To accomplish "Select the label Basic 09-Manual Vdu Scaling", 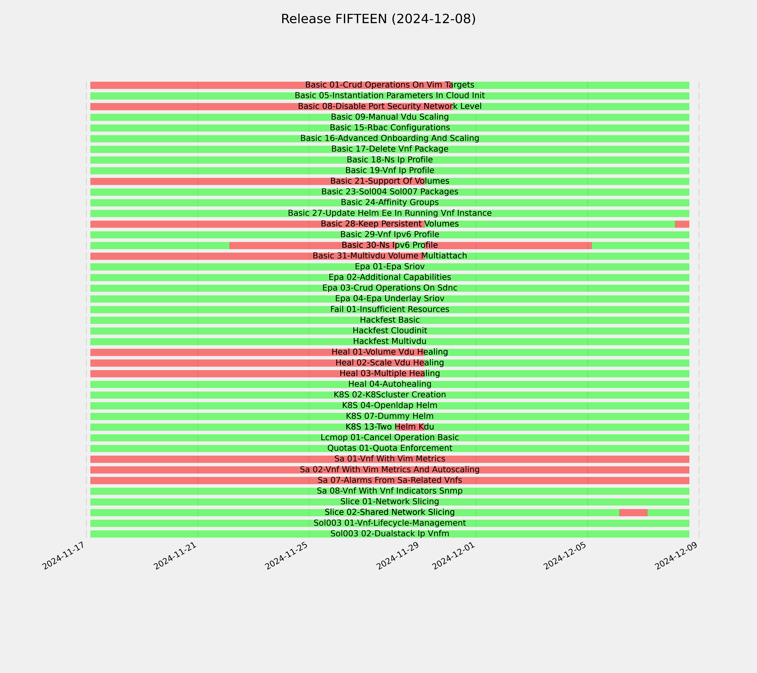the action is pos(390,117).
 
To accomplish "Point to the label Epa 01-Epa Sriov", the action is pos(390,267).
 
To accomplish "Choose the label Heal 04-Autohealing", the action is pos(390,384).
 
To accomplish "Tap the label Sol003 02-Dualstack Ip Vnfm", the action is pos(390,534).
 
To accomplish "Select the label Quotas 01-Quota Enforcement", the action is pos(390,448).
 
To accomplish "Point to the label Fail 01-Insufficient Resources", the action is pos(390,309).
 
